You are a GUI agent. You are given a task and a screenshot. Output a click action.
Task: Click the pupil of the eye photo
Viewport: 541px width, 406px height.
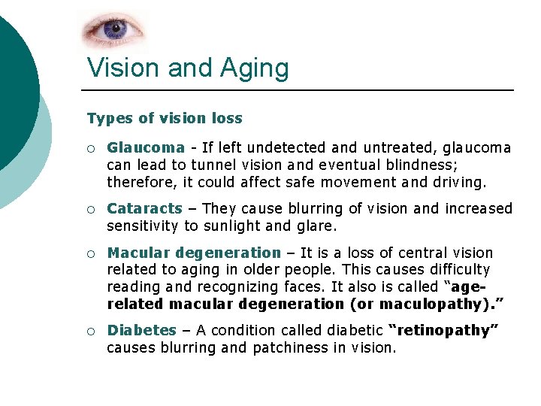click(115, 30)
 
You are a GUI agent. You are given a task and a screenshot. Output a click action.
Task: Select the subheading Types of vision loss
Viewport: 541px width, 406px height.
click(165, 118)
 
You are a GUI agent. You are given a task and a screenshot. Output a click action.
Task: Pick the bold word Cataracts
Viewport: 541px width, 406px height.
click(144, 208)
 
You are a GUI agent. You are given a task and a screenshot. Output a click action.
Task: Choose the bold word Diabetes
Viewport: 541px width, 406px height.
click(141, 330)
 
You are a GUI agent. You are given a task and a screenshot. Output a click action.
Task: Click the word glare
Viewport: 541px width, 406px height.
click(322, 225)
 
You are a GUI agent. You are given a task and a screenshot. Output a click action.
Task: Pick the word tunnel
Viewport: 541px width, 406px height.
click(213, 165)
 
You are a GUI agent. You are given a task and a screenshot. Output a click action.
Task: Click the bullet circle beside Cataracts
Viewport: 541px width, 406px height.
click(90, 209)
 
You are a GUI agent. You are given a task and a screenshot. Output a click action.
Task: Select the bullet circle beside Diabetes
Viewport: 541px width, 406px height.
click(90, 331)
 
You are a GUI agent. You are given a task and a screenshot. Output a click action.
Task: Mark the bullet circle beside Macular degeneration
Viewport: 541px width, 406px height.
click(90, 253)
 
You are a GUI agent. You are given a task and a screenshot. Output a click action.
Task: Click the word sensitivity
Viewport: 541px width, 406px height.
click(143, 225)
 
